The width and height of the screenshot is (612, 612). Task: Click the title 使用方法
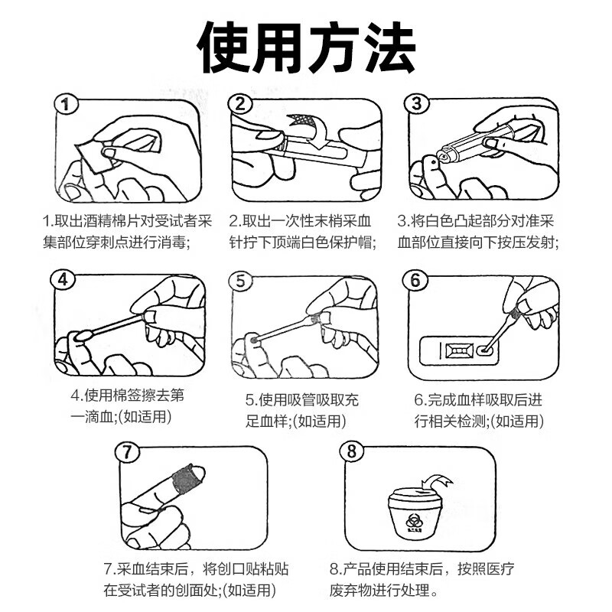[x=306, y=47]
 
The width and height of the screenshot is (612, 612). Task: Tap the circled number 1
[x=66, y=105]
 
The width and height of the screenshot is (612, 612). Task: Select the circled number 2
[x=240, y=105]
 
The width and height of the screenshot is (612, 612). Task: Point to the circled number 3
[x=416, y=104]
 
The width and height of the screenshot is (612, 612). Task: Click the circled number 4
[x=63, y=279]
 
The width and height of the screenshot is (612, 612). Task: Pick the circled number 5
[x=241, y=281]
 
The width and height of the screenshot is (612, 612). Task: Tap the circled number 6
[x=415, y=280]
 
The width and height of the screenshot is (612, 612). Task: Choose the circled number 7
[x=127, y=452]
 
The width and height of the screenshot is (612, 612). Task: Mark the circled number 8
[x=352, y=451]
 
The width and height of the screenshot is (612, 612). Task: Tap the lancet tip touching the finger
[x=443, y=157]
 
